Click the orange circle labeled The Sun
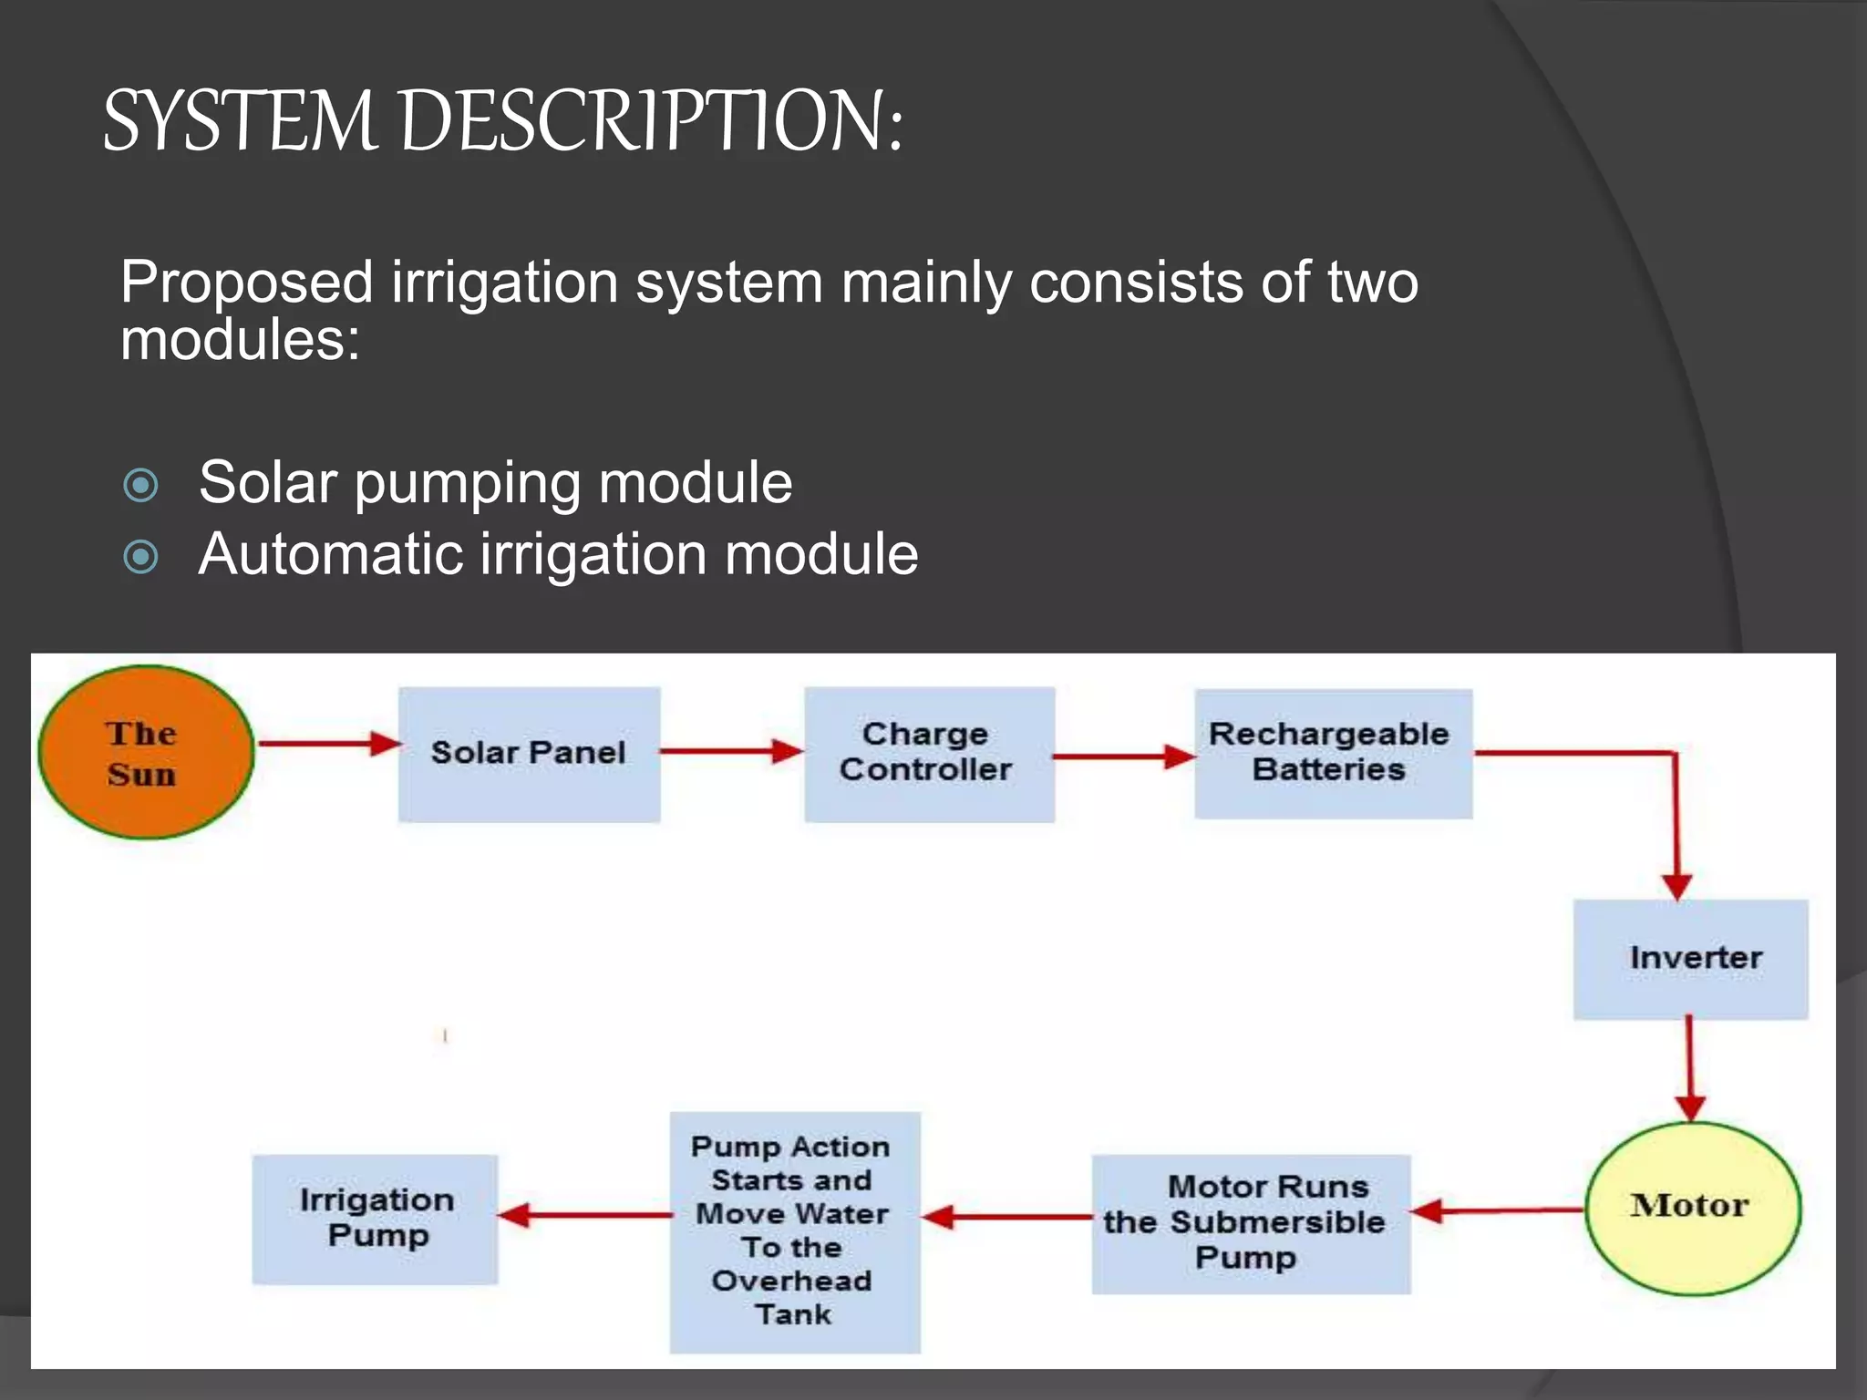click(146, 753)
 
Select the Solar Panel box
click(529, 754)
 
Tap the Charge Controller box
click(929, 754)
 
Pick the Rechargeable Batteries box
click(1332, 753)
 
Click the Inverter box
click(1690, 958)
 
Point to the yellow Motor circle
click(1693, 1207)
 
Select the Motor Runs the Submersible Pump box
click(1250, 1223)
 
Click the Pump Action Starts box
click(794, 1231)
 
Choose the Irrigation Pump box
click(375, 1219)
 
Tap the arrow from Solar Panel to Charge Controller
click(730, 751)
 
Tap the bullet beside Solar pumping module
click(140, 485)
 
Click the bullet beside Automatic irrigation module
click(140, 556)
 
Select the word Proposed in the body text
click(246, 282)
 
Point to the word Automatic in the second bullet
click(329, 554)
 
